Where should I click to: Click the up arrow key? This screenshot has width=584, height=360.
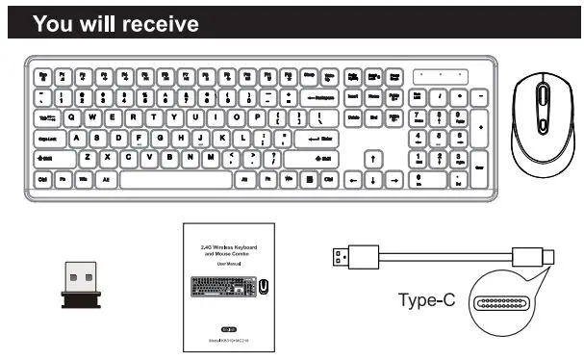click(373, 159)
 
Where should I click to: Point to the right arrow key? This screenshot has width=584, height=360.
click(394, 179)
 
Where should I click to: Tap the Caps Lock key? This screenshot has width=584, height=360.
click(47, 139)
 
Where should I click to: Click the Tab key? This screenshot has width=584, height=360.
click(45, 117)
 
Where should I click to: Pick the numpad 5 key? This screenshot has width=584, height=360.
click(438, 139)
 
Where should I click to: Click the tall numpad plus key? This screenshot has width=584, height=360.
click(480, 128)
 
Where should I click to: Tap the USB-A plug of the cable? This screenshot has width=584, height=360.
click(342, 256)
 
